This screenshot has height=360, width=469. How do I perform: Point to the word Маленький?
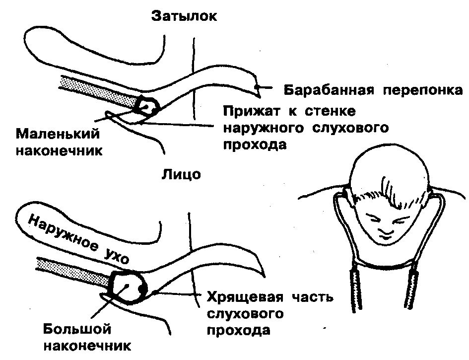tap(58, 134)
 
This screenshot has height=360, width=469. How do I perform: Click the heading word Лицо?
tap(181, 175)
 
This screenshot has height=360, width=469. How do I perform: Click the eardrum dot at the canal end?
tap(257, 88)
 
